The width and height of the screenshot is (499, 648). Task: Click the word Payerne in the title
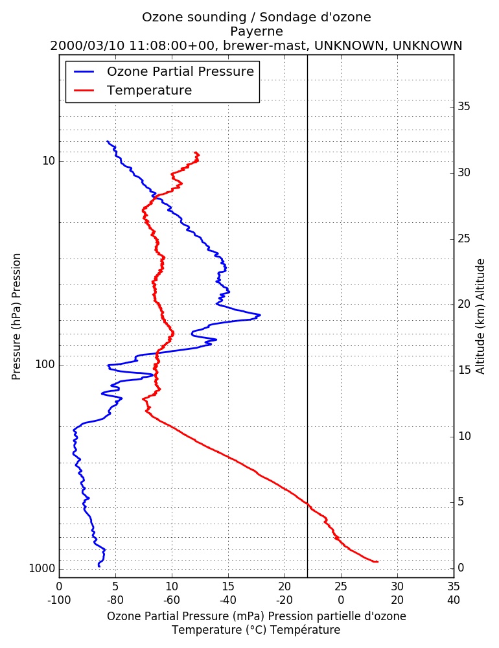click(257, 32)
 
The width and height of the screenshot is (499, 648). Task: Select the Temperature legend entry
click(133, 90)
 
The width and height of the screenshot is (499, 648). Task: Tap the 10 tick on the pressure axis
click(49, 161)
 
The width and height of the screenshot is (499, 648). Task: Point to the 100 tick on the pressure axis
click(45, 364)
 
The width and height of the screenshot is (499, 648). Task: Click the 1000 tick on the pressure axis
click(42, 569)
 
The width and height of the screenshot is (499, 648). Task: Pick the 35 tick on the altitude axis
click(464, 107)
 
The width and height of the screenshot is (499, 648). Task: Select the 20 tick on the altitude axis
click(464, 304)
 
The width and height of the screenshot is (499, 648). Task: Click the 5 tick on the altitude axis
click(461, 502)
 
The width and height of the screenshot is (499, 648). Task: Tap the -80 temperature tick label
click(115, 600)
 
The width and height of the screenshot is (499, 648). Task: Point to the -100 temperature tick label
click(59, 600)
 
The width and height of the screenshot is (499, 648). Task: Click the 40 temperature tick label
click(454, 600)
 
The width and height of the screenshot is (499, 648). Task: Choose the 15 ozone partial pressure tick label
click(228, 586)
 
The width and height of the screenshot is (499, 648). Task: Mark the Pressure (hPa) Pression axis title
click(16, 317)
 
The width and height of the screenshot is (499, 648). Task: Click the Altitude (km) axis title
click(480, 317)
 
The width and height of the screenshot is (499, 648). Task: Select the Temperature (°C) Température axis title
click(257, 630)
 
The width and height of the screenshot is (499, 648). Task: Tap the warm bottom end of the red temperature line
click(377, 562)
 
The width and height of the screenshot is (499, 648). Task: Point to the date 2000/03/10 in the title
click(87, 45)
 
